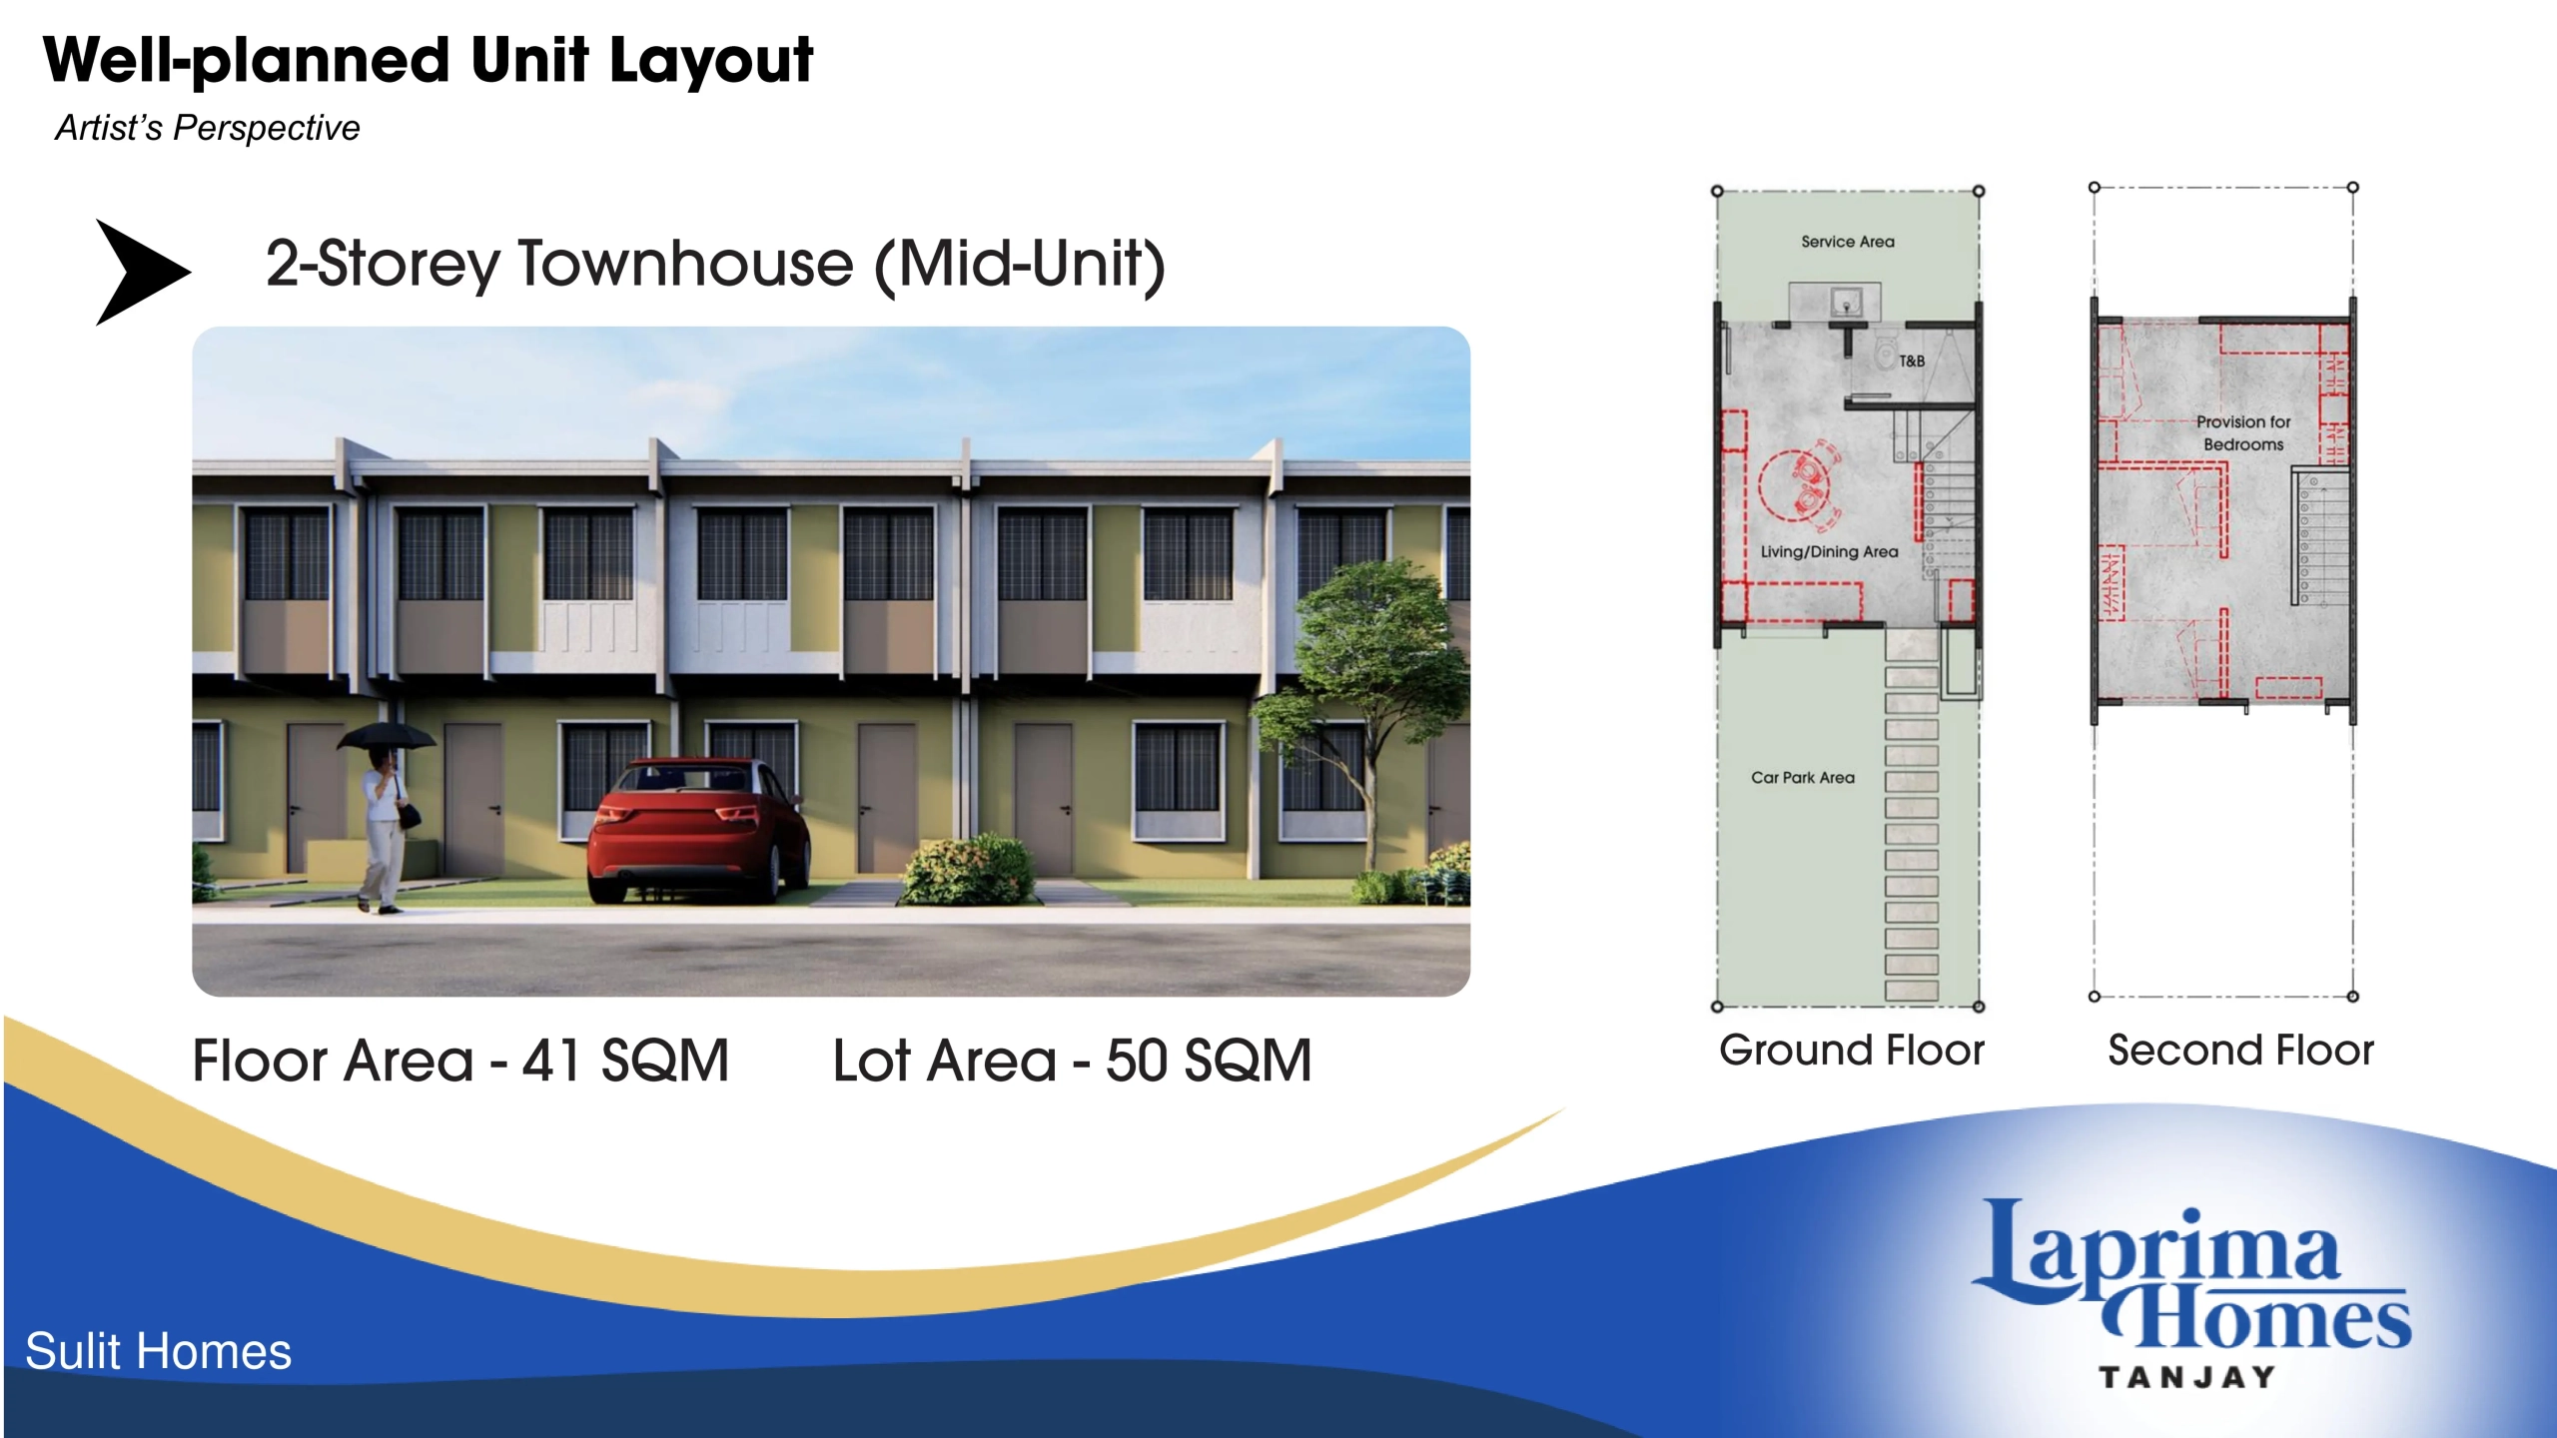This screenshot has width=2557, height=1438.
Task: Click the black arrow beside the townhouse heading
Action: [x=140, y=272]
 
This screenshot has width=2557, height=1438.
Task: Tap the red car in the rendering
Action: [x=699, y=831]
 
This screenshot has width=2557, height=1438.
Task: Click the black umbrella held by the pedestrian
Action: [x=387, y=736]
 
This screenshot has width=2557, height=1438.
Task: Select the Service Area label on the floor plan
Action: [x=1847, y=242]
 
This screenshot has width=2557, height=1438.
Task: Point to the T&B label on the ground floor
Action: [x=1911, y=360]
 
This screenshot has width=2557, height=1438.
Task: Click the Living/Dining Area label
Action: [x=1829, y=551]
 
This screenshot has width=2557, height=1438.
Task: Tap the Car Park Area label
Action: [x=1802, y=777]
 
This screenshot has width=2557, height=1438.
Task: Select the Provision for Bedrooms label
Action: [x=2243, y=433]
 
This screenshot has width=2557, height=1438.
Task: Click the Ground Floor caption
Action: [x=1851, y=1051]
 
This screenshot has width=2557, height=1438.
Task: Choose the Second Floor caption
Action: [x=2240, y=1051]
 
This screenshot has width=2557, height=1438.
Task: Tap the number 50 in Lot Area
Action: [x=1137, y=1061]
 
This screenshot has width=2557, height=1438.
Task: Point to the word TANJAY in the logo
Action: [x=2187, y=1377]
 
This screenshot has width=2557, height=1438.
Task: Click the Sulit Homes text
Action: [x=158, y=1351]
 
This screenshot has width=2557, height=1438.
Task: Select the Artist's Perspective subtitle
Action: [x=207, y=128]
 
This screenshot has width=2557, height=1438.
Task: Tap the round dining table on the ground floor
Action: [x=1794, y=486]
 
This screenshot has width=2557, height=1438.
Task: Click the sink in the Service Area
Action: [x=1846, y=301]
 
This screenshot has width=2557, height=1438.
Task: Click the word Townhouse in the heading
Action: [x=685, y=264]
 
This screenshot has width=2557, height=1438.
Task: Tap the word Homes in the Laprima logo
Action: [x=2259, y=1315]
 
